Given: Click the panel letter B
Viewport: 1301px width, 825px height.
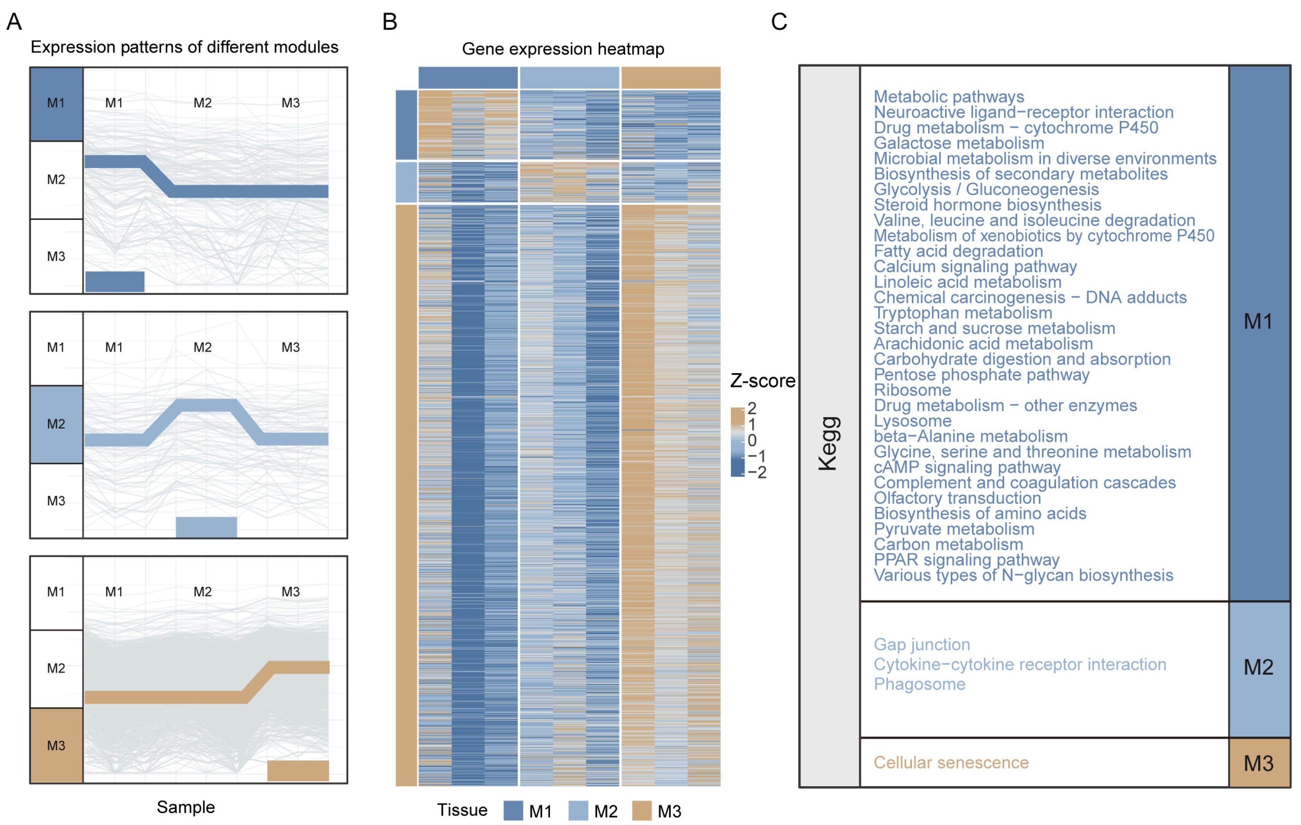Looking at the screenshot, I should pos(390,22).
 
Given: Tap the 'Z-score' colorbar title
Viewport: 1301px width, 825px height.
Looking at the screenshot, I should pos(762,381).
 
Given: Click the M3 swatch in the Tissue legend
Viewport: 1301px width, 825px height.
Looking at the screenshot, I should pos(641,811).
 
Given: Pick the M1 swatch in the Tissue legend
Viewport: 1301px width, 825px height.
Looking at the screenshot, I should pos(513,811).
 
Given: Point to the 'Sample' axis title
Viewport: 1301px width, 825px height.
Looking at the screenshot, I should pos(185,807).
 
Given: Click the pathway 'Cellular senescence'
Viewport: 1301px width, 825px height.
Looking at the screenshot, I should pos(951,762).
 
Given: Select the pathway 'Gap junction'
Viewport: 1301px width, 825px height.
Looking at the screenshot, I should pos(922,645).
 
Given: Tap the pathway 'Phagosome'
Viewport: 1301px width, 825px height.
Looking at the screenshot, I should pos(919,684).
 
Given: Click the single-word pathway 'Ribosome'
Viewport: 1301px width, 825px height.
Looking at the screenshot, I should pos(912,390).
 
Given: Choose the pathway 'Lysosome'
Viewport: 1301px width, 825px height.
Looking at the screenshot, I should pos(913,421).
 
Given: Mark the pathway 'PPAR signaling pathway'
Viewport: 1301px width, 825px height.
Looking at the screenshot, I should pos(966,560).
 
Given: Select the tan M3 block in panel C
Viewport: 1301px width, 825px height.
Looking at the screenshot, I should pos(1259,763).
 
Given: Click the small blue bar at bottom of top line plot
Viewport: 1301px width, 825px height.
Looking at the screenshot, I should pos(114,282).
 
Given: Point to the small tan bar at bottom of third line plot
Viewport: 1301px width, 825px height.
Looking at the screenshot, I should pos(298,770).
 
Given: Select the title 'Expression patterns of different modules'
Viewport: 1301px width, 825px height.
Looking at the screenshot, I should pos(184,47).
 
